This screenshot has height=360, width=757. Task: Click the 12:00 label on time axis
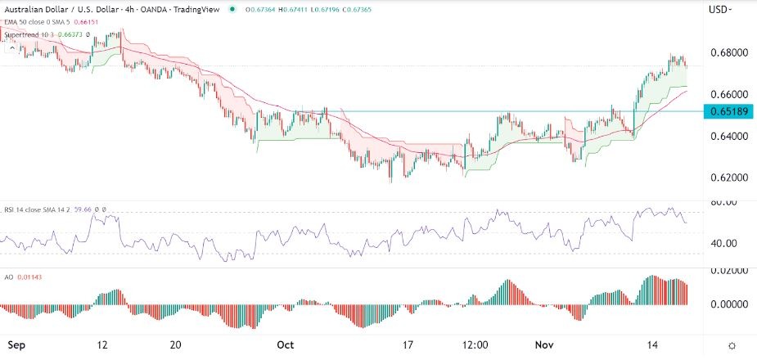click(x=475, y=344)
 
